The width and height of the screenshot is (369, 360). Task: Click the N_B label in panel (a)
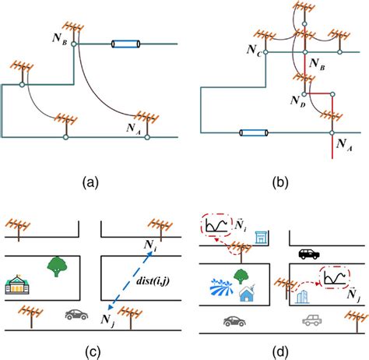click(60, 39)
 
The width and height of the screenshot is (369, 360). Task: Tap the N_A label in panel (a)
click(134, 129)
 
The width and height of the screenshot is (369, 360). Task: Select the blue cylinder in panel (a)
click(126, 44)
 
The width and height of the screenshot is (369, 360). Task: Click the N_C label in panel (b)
click(254, 51)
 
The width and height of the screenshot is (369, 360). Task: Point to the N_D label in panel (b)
click(298, 101)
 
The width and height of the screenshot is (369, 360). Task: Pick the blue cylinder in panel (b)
click(254, 133)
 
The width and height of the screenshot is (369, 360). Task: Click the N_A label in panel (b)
click(344, 145)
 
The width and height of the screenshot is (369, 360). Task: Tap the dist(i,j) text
click(153, 281)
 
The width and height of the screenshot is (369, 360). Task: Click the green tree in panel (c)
click(57, 266)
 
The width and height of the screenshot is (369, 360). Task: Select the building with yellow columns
click(17, 284)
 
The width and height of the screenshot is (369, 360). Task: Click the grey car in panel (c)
click(76, 315)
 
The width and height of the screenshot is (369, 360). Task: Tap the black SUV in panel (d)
click(309, 254)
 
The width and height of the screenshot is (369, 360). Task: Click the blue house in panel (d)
click(247, 293)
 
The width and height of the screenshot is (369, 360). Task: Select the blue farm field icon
click(221, 288)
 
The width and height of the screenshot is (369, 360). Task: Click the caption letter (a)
click(90, 182)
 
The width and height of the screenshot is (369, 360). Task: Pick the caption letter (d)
click(280, 352)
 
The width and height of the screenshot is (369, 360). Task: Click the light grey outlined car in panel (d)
click(312, 320)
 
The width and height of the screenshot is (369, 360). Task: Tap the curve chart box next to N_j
click(335, 277)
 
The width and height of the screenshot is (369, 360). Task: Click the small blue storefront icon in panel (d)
click(260, 238)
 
